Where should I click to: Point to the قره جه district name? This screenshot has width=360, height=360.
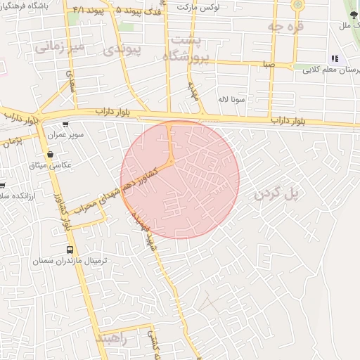[x=285, y=26]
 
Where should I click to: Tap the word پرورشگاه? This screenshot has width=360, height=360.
[x=186, y=57]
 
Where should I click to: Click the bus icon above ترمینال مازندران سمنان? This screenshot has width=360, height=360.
[x=70, y=250]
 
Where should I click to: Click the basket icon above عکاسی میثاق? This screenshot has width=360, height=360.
[x=49, y=154]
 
